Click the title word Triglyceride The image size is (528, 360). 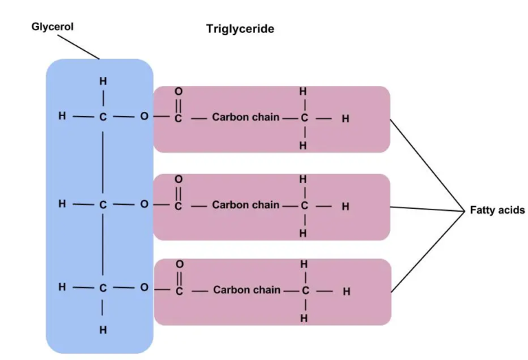pyautogui.click(x=240, y=29)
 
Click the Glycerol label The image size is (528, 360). pyautogui.click(x=52, y=27)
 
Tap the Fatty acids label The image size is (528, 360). pyautogui.click(x=496, y=210)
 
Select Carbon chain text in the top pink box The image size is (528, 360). pyautogui.click(x=245, y=117)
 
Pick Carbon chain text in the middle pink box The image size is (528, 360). pyautogui.click(x=245, y=205)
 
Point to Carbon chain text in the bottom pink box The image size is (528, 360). pyautogui.click(x=246, y=290)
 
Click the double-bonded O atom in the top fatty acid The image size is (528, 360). pyautogui.click(x=179, y=91)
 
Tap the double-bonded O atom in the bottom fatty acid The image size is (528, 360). pyautogui.click(x=179, y=264)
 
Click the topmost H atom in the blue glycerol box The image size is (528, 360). pyautogui.click(x=103, y=81)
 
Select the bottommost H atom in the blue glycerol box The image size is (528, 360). pyautogui.click(x=103, y=330)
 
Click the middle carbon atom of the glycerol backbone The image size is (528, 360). pyautogui.click(x=103, y=205)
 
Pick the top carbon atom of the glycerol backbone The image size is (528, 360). pyautogui.click(x=103, y=117)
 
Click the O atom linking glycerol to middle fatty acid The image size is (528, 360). pyautogui.click(x=144, y=205)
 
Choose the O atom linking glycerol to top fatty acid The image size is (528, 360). pyautogui.click(x=144, y=117)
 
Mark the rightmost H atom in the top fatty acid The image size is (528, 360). pyautogui.click(x=345, y=119)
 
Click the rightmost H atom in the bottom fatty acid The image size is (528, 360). pyautogui.click(x=346, y=291)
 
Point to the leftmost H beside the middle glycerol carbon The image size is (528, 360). pyautogui.click(x=63, y=204)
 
